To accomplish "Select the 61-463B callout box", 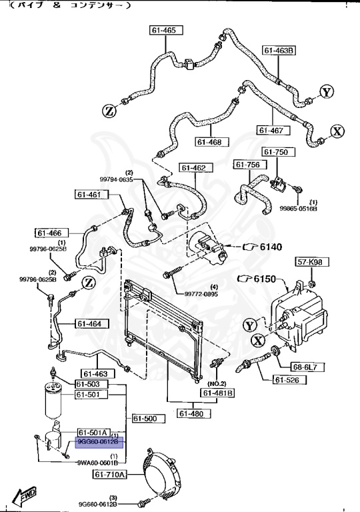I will (x=279, y=50).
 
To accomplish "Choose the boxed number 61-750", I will (x=275, y=153).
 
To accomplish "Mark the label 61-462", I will (x=192, y=168).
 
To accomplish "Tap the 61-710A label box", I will (x=109, y=475).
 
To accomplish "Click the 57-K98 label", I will (x=309, y=263).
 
